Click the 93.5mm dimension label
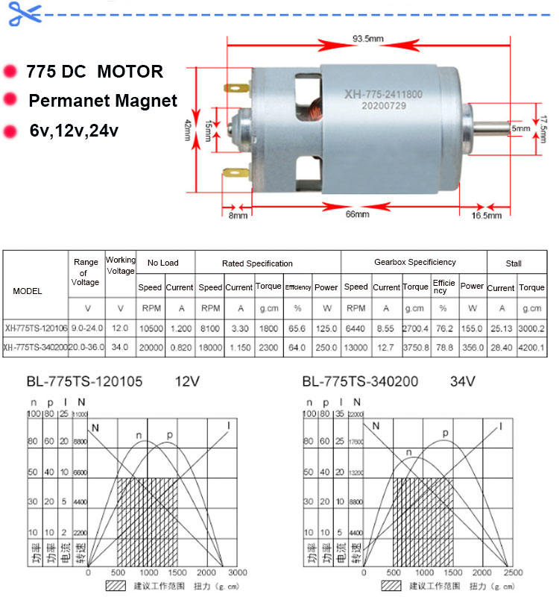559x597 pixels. coord(368,39)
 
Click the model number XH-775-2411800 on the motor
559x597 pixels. coord(383,95)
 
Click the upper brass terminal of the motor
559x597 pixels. coord(233,91)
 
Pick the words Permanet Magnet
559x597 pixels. coord(103,101)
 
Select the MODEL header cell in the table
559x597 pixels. coord(28,291)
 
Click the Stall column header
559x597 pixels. coord(514,263)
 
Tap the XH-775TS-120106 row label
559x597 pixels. coord(36,328)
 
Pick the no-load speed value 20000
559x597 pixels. coord(150,347)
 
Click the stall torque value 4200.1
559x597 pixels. coord(532,347)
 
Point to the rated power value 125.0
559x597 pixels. coord(326,328)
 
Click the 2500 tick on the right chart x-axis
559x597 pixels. coord(512,572)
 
